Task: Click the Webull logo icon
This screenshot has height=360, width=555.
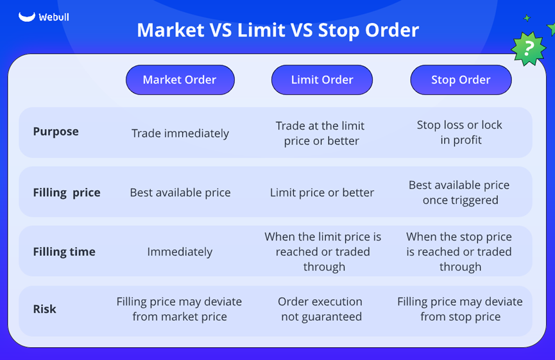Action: [x=27, y=17]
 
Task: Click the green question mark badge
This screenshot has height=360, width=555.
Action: [x=529, y=49]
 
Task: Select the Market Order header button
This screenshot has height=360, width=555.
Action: [x=180, y=80]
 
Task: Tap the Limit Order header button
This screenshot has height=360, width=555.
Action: [x=322, y=80]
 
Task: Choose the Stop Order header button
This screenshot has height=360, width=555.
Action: [x=461, y=80]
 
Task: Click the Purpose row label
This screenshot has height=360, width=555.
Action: [x=56, y=132]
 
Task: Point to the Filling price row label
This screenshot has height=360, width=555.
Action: [x=67, y=193]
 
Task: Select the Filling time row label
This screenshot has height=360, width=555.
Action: [x=64, y=252]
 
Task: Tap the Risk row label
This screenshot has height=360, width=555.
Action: [x=45, y=309]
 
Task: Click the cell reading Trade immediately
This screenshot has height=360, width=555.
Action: [x=180, y=133]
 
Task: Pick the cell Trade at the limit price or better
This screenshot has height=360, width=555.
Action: [x=321, y=133]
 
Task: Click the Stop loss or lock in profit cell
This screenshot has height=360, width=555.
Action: [x=460, y=132]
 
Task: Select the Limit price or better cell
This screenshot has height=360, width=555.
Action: [x=321, y=193]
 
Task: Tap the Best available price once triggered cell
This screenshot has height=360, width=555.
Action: [x=459, y=193]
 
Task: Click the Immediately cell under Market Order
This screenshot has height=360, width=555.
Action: [x=180, y=252]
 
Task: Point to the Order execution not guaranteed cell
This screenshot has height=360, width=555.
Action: [x=321, y=309]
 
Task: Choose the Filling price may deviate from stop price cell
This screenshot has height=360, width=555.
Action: [x=460, y=309]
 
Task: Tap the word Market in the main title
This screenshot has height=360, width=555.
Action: [x=171, y=30]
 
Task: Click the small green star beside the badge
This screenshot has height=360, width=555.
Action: [x=527, y=18]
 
